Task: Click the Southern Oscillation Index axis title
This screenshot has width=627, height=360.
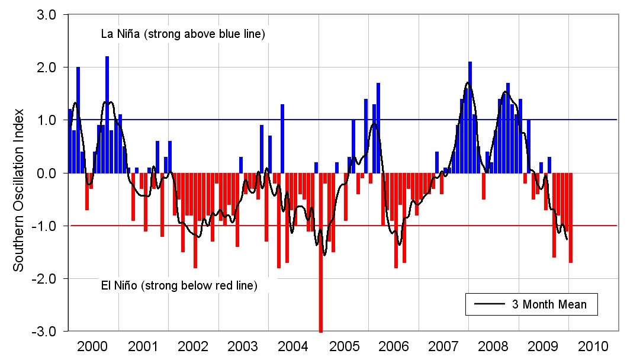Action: click(x=19, y=189)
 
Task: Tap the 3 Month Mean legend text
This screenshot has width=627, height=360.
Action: click(x=549, y=304)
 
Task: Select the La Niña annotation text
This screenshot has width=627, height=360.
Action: click(x=182, y=34)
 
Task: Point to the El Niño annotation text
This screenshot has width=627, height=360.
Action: click(x=176, y=285)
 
